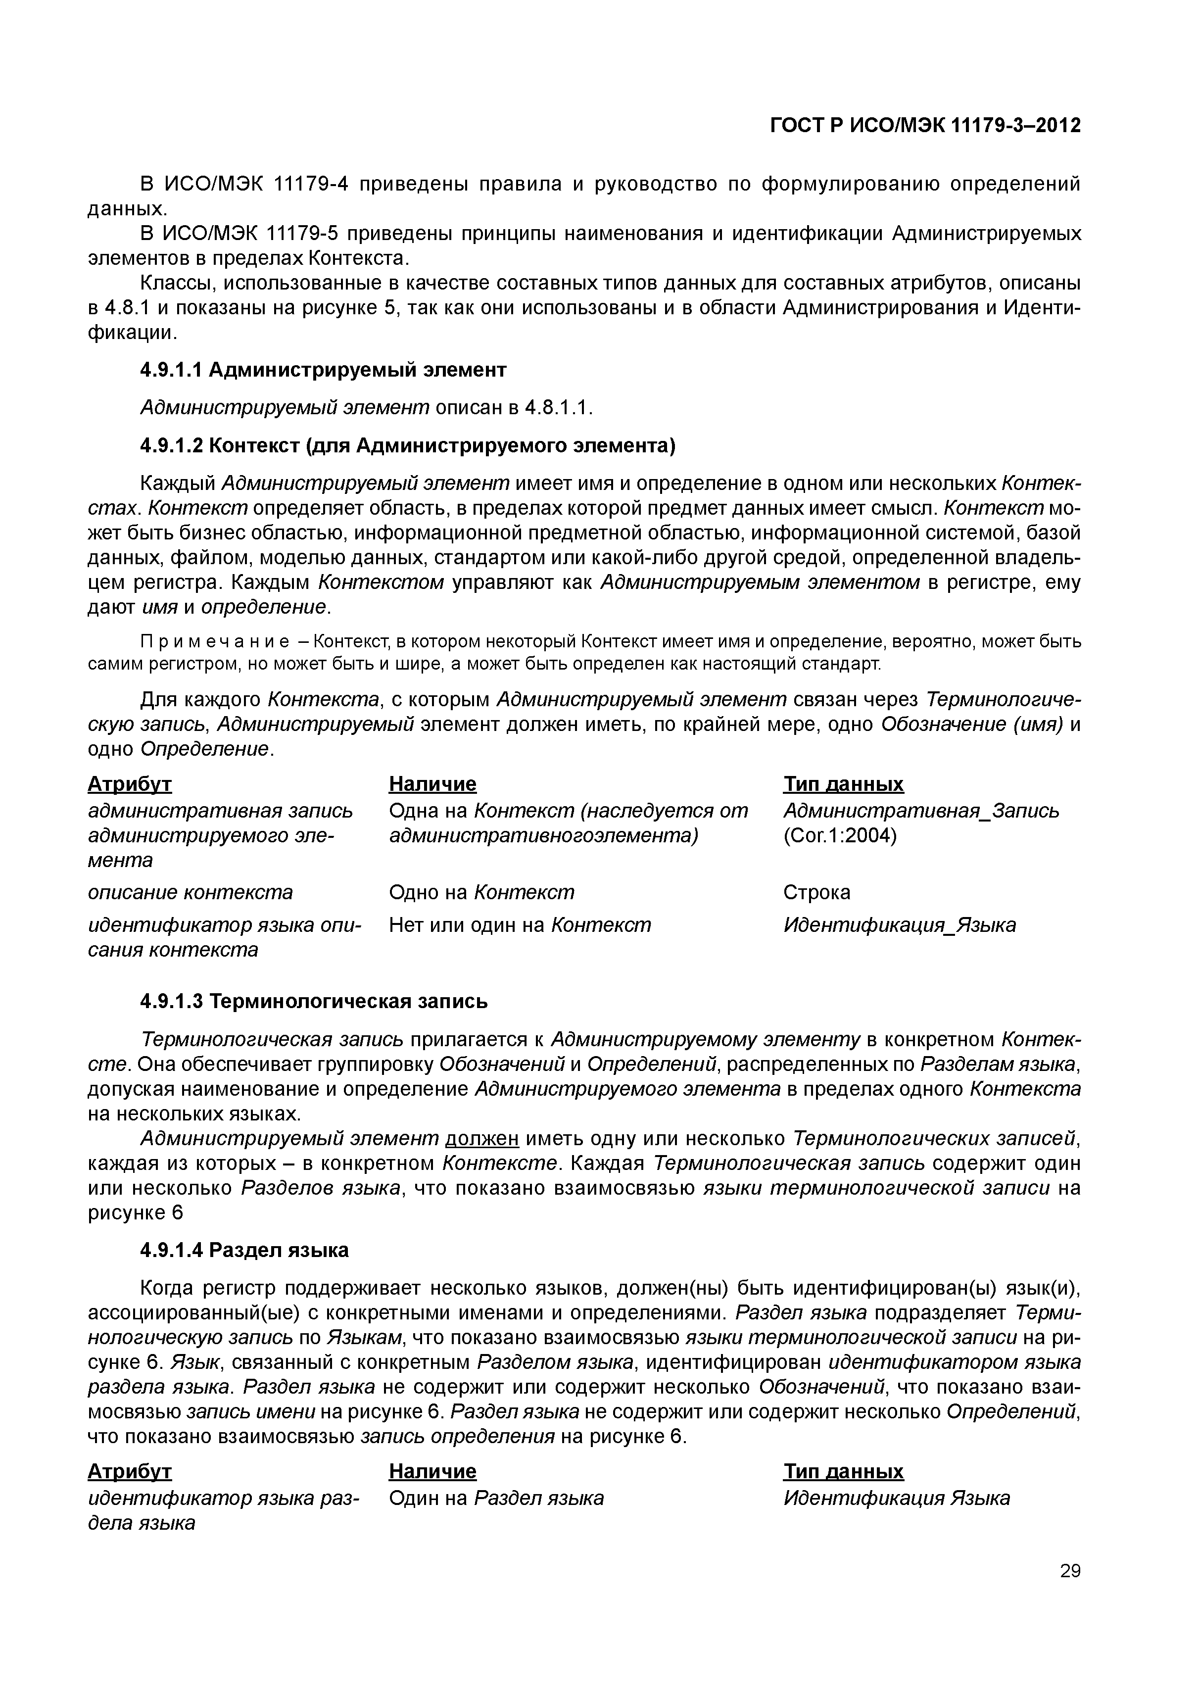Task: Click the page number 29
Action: (1069, 1592)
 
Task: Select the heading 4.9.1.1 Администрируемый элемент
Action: (323, 370)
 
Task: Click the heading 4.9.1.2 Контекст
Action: (407, 446)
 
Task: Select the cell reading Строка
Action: (816, 892)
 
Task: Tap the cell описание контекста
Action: (191, 892)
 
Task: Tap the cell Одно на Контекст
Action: (481, 892)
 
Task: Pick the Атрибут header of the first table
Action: (130, 783)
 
